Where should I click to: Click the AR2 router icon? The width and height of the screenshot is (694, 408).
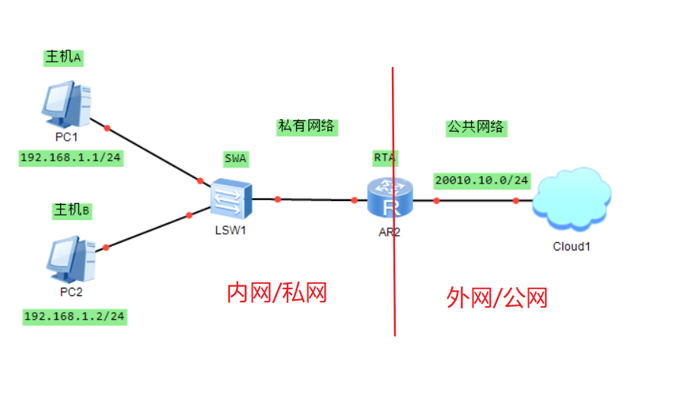tap(390, 199)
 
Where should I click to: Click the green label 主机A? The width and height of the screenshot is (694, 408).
tap(63, 57)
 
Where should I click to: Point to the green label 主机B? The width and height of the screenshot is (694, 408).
tap(71, 209)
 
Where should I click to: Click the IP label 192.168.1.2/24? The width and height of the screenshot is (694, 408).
tap(75, 316)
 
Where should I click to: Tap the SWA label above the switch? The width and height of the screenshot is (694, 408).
tap(236, 158)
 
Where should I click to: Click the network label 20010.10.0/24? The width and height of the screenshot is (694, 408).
tap(482, 180)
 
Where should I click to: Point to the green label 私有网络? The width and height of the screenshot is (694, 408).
tap(307, 127)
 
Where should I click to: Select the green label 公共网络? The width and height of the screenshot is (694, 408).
tap(476, 127)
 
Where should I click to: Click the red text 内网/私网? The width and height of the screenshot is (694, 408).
tap(277, 292)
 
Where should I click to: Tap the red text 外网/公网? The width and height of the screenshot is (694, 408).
tap(497, 298)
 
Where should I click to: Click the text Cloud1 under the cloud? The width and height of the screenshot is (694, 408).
tap(571, 246)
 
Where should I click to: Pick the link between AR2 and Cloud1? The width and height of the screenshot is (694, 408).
tap(476, 201)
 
